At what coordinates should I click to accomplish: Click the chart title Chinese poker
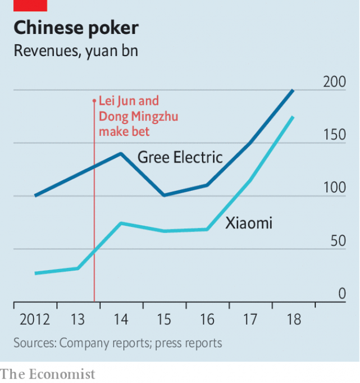point(76,28)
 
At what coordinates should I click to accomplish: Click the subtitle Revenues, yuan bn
point(75,51)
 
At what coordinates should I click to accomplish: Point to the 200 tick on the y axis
point(335,82)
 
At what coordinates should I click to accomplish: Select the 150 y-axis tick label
point(335,135)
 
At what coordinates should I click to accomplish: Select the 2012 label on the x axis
point(35,320)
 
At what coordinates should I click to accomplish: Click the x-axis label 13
point(78,320)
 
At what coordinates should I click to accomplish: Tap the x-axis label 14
point(120,320)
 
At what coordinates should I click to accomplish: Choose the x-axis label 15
point(163,320)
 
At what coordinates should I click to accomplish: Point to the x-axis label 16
point(207,320)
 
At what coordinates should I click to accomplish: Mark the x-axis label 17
point(249,320)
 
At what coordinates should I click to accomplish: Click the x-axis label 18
point(293,320)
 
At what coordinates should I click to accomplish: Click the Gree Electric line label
point(180,157)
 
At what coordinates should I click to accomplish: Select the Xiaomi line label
point(249,223)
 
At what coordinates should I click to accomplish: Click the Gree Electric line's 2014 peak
point(121,153)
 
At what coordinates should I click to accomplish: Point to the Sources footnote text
point(118,343)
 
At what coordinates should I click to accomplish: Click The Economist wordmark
point(48,374)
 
